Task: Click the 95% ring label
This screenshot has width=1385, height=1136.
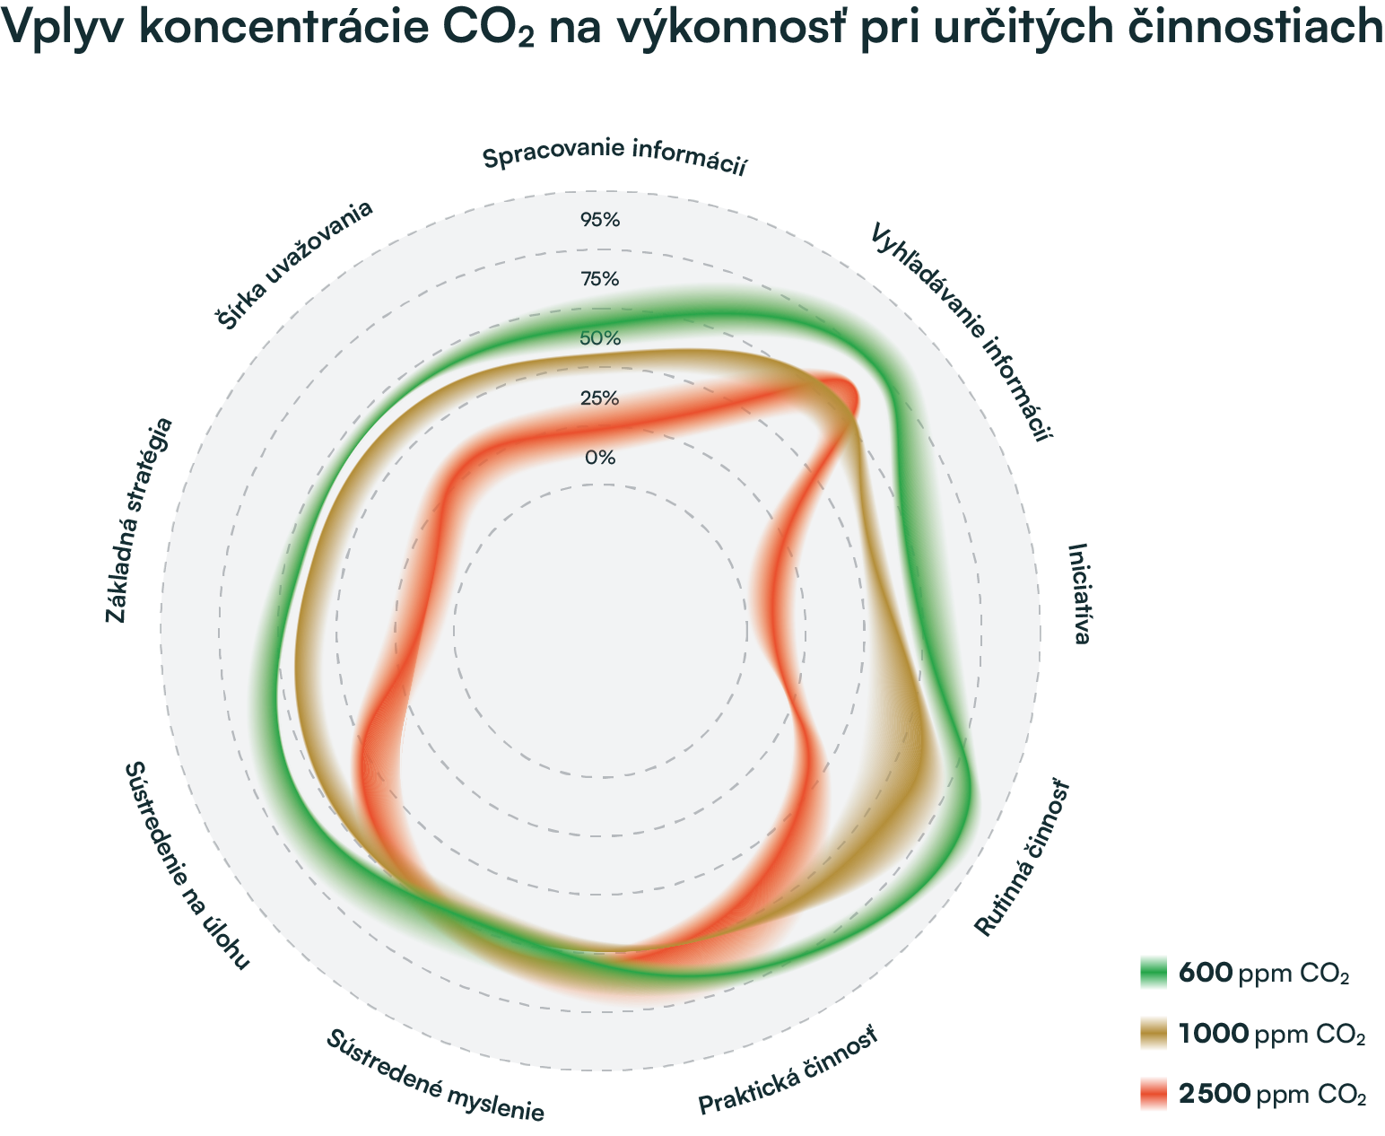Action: pos(600,220)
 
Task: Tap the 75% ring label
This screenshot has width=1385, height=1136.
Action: pos(600,279)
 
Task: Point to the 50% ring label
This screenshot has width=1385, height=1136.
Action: pos(600,338)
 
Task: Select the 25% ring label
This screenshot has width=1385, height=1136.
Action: pos(600,398)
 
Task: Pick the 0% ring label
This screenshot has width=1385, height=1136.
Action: pos(600,458)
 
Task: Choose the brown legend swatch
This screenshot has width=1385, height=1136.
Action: pos(1159,1046)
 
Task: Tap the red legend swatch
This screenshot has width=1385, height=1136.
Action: pos(1159,1098)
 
